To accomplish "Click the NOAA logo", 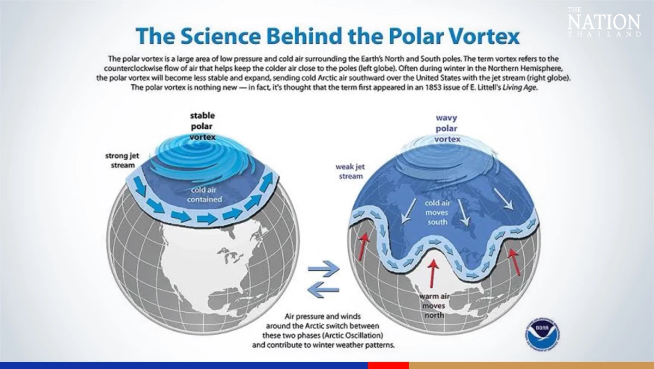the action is click(543, 334).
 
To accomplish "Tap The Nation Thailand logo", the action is click(604, 22).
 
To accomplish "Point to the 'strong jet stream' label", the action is click(122, 160).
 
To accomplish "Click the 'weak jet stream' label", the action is click(350, 171).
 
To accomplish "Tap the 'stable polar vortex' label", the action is click(202, 126).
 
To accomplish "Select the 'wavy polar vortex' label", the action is click(447, 128).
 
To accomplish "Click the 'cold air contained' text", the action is click(204, 194).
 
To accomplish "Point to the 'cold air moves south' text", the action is click(437, 212).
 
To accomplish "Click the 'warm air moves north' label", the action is click(434, 306).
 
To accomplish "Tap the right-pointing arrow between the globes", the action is click(324, 269).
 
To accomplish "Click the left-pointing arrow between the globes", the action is click(323, 290).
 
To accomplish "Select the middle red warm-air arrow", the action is click(433, 273).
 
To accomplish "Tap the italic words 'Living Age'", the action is click(520, 87).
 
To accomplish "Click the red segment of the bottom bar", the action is click(388, 365).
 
